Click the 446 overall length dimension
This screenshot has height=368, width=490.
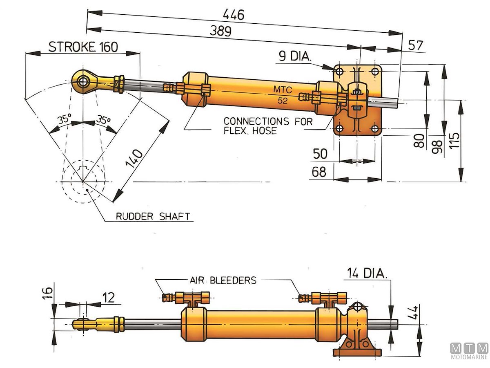pyautogui.click(x=233, y=15)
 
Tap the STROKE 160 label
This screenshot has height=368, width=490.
pyautogui.click(x=83, y=47)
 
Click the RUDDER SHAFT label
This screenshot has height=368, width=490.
pyautogui.click(x=153, y=216)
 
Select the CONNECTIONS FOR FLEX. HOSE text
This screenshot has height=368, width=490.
pyautogui.click(x=268, y=126)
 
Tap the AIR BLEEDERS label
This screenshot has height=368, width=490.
pyautogui.click(x=223, y=280)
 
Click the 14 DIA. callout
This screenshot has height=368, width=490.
pyautogui.click(x=367, y=273)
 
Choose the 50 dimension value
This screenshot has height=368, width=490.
pyautogui.click(x=320, y=154)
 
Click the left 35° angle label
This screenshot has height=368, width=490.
pyautogui.click(x=65, y=120)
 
